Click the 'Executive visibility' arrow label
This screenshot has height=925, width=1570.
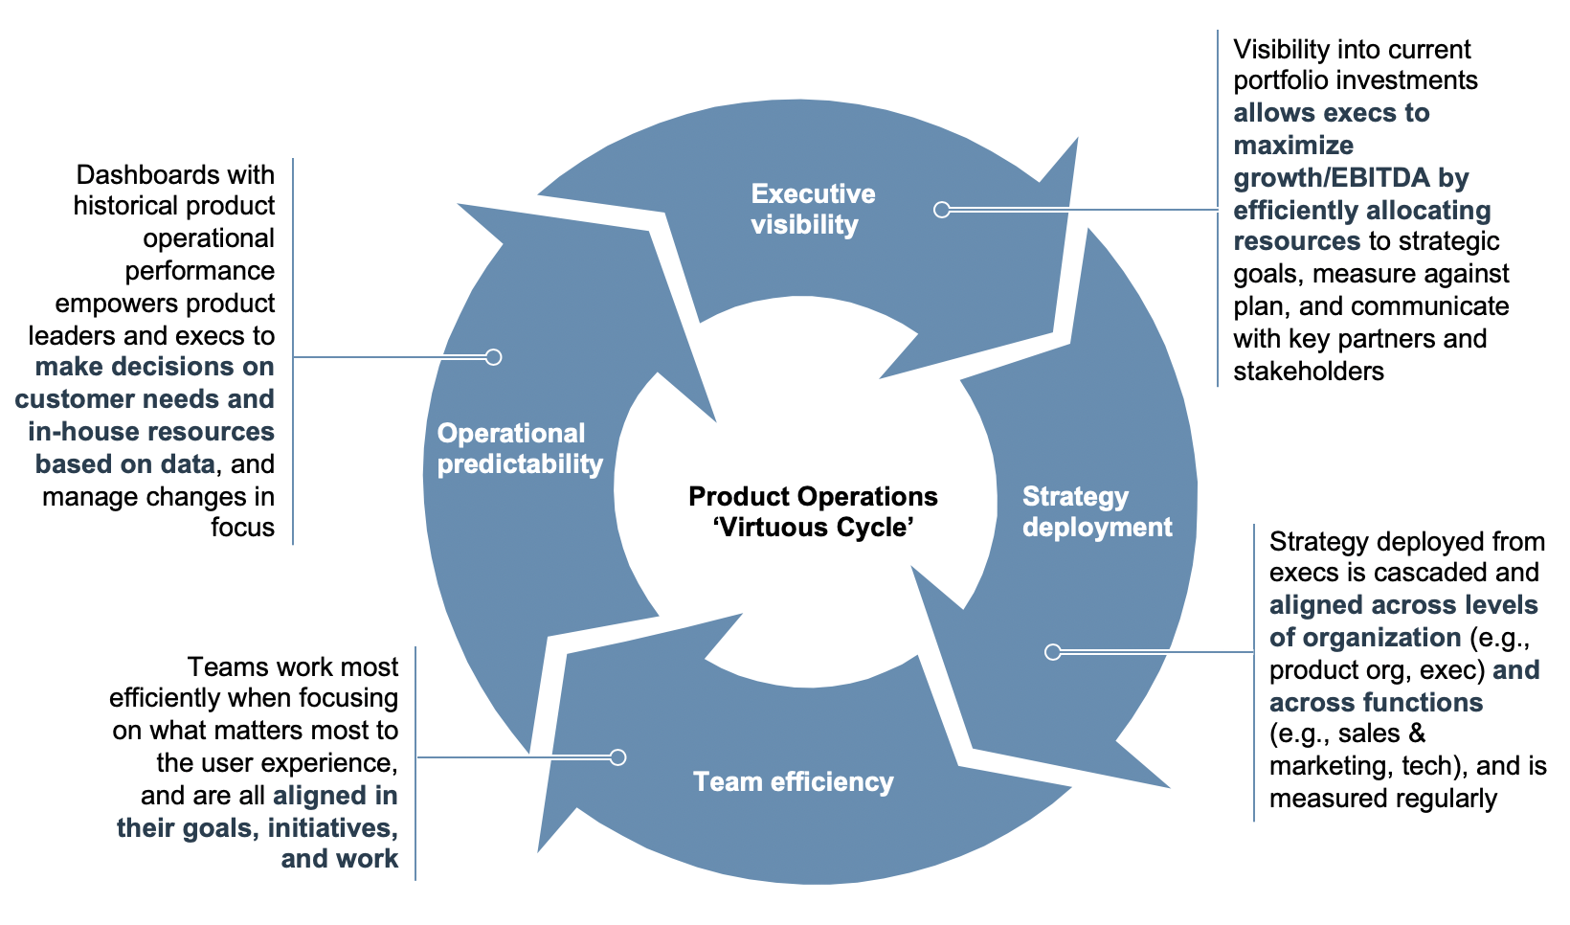[x=812, y=209]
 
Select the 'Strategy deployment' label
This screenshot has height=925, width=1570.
[x=1096, y=511]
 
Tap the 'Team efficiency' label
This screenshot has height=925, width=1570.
[x=793, y=781]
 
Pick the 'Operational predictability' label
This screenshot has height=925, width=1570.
[x=520, y=448]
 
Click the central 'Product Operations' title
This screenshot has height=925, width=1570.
[x=813, y=496]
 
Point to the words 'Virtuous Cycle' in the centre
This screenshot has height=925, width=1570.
[x=813, y=528]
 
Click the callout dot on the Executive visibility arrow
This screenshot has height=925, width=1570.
[x=942, y=210]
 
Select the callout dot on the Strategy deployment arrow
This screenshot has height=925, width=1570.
[x=1053, y=652]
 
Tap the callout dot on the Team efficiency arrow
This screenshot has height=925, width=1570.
[x=617, y=757]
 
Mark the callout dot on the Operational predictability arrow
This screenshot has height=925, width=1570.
[x=493, y=357]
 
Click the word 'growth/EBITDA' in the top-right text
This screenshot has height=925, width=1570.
[x=1331, y=178]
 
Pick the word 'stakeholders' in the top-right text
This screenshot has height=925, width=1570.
[x=1308, y=372]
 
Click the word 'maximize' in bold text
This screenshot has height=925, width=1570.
[x=1293, y=146]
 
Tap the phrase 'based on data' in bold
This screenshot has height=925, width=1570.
[x=125, y=464]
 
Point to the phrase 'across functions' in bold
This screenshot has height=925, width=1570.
[x=1376, y=703]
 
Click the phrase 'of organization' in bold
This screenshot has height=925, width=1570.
[x=1365, y=638]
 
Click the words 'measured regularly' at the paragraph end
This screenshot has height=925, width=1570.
[x=1382, y=799]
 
